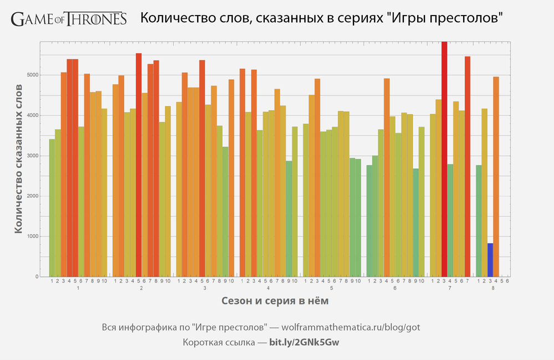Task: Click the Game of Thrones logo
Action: click(69, 19)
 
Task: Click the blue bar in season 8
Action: click(490, 260)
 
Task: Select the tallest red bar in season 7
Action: click(444, 161)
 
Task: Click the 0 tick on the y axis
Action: click(37, 277)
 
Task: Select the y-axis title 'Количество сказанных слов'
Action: click(18, 159)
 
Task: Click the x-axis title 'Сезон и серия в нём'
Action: click(275, 301)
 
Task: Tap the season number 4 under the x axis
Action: click(268, 289)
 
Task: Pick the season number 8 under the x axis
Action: click(493, 289)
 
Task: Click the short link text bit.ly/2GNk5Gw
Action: click(304, 342)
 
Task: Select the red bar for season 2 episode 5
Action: click(138, 166)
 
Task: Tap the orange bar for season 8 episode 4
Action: click(496, 177)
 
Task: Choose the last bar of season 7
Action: click(467, 166)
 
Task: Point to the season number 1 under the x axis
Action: click(78, 289)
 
